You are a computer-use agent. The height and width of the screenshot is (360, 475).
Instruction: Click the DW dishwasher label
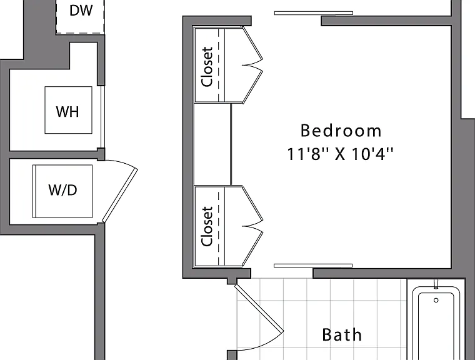[x=81, y=11]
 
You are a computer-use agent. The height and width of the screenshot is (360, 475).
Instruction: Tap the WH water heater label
[x=67, y=111]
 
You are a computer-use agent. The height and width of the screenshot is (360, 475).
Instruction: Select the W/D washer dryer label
[x=62, y=190]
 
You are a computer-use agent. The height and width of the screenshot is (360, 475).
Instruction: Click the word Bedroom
[x=341, y=131]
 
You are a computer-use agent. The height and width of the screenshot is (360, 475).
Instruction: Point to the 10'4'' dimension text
[x=372, y=154]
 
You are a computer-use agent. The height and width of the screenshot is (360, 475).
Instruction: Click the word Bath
[x=342, y=335]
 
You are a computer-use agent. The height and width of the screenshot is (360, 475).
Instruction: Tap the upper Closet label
[x=207, y=67]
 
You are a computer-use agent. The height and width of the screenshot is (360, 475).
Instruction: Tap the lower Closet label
[x=207, y=226]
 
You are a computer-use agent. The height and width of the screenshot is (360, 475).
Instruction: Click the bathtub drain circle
[x=436, y=300]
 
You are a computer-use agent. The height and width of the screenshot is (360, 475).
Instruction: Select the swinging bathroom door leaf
[x=259, y=307]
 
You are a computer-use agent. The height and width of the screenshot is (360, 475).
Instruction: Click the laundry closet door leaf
[x=119, y=196]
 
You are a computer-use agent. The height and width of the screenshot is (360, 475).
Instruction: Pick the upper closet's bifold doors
[x=252, y=65]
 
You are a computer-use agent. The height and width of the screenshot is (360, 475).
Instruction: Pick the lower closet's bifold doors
[x=252, y=226]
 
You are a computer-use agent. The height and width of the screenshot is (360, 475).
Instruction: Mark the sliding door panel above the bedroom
[x=314, y=13]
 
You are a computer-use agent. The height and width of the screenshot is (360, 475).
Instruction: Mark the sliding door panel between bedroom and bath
[x=313, y=266]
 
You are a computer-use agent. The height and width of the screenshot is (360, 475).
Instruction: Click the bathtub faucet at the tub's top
[x=436, y=284]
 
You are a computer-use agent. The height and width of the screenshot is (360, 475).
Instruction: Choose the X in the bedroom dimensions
[x=340, y=154]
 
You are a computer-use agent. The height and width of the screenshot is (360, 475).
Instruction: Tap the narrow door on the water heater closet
[x=102, y=117]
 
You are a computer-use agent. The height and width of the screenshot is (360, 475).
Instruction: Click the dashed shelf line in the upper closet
[x=218, y=65]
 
